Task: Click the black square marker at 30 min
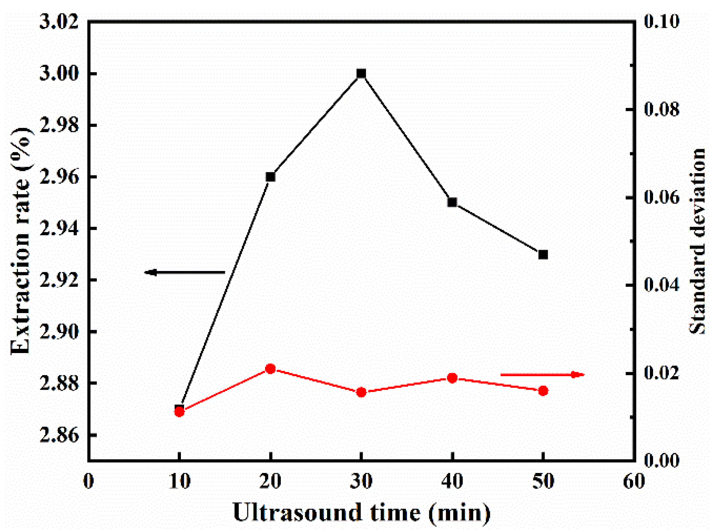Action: click(x=361, y=74)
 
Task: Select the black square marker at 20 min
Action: click(x=270, y=177)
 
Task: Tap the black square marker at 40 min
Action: click(x=452, y=202)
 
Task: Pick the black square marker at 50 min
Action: click(x=543, y=254)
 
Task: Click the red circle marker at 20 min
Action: click(x=270, y=369)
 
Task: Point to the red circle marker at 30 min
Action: click(x=361, y=392)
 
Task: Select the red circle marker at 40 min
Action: click(x=452, y=378)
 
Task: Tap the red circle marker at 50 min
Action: click(x=543, y=391)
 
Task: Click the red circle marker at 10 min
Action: click(x=179, y=412)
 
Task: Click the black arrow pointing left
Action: click(x=184, y=273)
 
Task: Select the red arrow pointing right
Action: click(x=542, y=374)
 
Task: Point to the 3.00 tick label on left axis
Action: click(x=59, y=74)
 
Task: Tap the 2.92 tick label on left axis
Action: click(x=59, y=280)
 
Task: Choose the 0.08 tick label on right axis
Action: click(x=662, y=110)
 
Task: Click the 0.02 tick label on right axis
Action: click(x=662, y=373)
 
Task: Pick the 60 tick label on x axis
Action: click(x=634, y=481)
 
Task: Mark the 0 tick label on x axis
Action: click(x=89, y=481)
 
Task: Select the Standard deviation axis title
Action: click(x=697, y=241)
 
